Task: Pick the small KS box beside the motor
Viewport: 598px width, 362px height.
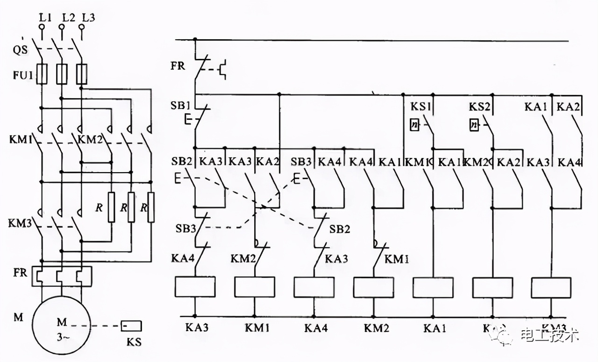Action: pyautogui.click(x=131, y=326)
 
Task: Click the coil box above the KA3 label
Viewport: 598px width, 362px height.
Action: pyautogui.click(x=195, y=287)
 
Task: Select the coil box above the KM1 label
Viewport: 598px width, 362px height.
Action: pyautogui.click(x=255, y=287)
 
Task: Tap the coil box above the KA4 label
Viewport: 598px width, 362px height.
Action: pyautogui.click(x=314, y=287)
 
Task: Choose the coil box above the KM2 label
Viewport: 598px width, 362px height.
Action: pyautogui.click(x=374, y=287)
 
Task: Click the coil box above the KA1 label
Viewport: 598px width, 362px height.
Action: pyautogui.click(x=433, y=287)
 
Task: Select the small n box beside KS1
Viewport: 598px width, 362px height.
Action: pyautogui.click(x=414, y=125)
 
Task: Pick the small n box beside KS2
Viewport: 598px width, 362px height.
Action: pyautogui.click(x=474, y=125)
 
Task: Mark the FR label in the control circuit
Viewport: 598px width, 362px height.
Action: pyautogui.click(x=178, y=65)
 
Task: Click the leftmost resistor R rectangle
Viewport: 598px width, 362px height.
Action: pyautogui.click(x=111, y=207)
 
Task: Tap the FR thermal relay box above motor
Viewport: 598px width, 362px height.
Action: pyautogui.click(x=62, y=276)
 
